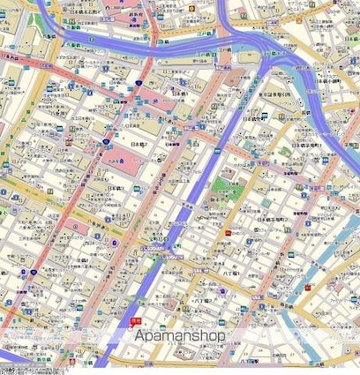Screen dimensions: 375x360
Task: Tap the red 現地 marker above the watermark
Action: (135, 321)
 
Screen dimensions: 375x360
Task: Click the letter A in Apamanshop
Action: (140, 336)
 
